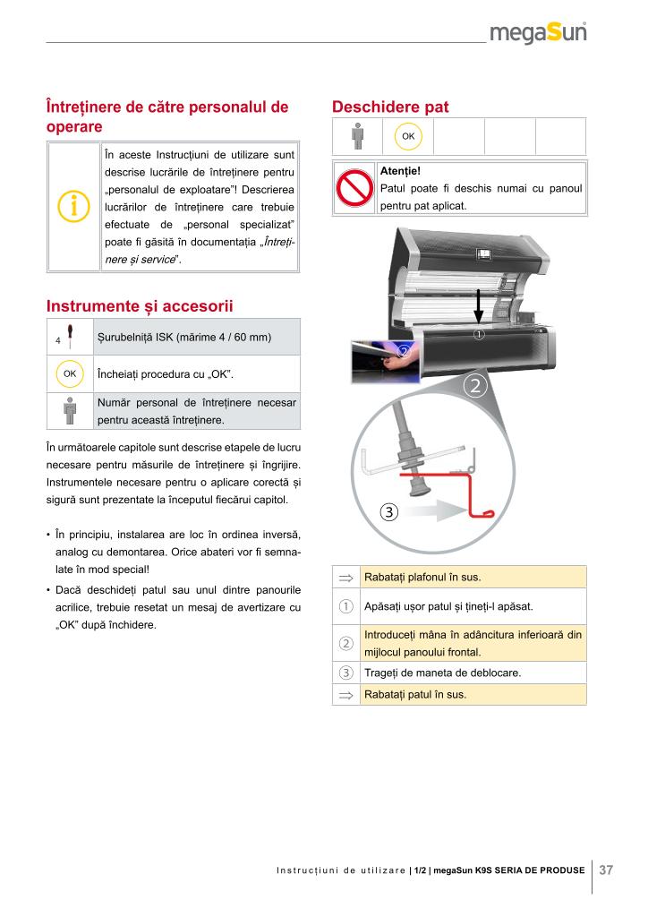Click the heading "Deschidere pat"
pyautogui.click(x=390, y=107)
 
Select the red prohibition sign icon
pyautogui.click(x=354, y=188)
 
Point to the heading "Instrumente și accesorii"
pyautogui.click(x=140, y=306)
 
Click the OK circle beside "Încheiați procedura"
pyautogui.click(x=70, y=373)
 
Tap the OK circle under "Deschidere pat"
pyautogui.click(x=408, y=136)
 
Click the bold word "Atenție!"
pyautogui.click(x=400, y=170)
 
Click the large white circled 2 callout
pyautogui.click(x=476, y=386)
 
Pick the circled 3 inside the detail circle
pyautogui.click(x=388, y=512)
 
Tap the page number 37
pyautogui.click(x=606, y=870)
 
